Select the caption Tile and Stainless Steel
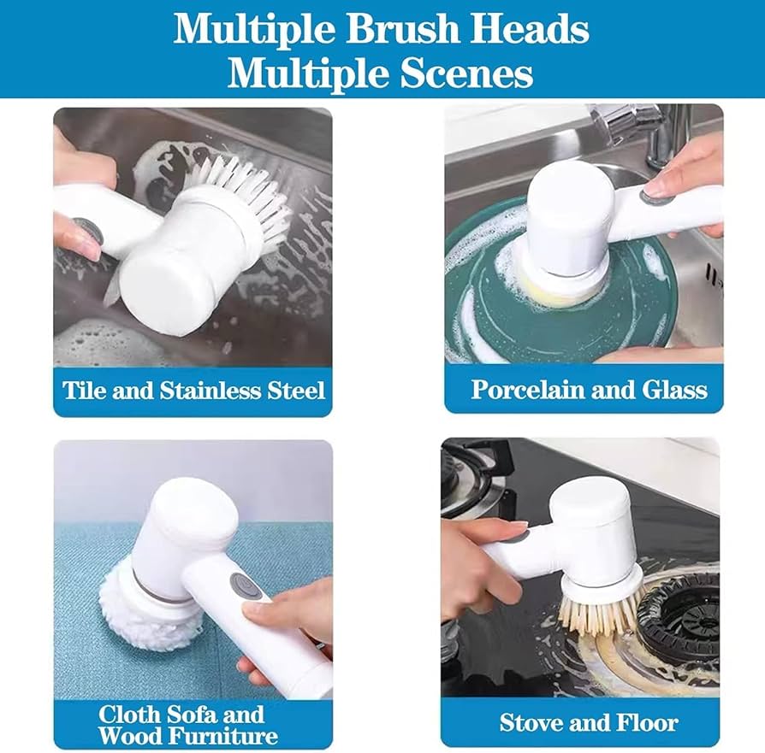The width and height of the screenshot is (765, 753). point(193,391)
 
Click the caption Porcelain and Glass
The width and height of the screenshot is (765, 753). point(590,390)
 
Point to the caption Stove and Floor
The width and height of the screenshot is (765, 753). point(589,723)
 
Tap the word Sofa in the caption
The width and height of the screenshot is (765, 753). point(196,715)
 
